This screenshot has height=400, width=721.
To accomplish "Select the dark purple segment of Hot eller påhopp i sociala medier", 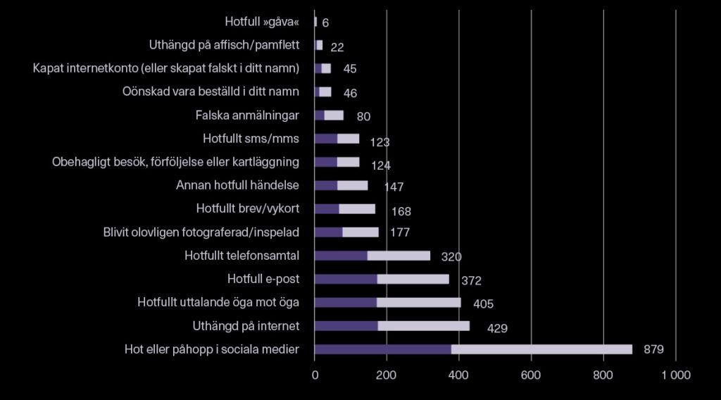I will coord(382,349).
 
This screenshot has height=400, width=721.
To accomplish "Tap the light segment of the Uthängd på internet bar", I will coord(423,326).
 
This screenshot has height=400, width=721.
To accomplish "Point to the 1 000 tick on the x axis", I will coord(676,376).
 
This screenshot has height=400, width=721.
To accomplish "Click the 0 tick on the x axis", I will coord(315,376).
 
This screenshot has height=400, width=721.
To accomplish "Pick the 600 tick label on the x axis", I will coord(531,376).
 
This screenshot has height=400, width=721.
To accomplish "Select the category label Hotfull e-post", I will coord(263,279).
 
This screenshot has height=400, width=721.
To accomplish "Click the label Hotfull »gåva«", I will coord(262,22).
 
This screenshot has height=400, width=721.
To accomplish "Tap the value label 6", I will coord(325,23).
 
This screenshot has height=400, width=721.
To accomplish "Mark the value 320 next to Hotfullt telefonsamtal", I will coord(451,257).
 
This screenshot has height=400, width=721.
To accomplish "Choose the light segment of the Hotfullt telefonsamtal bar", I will coord(399,256).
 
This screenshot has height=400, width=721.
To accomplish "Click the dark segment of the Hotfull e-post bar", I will coord(346,279).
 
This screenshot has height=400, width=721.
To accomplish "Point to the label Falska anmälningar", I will coord(247,115).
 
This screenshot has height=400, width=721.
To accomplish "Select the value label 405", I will coord(483,304).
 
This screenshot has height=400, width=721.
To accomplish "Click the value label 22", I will coord(337,47).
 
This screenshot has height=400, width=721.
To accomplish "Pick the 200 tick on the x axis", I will coord(387,376).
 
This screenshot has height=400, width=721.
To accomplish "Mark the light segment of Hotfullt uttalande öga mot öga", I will coord(418,303).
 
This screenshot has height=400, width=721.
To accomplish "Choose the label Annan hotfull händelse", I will coord(237,185).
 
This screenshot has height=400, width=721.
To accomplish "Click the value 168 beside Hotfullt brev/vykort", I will coord(401,211).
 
